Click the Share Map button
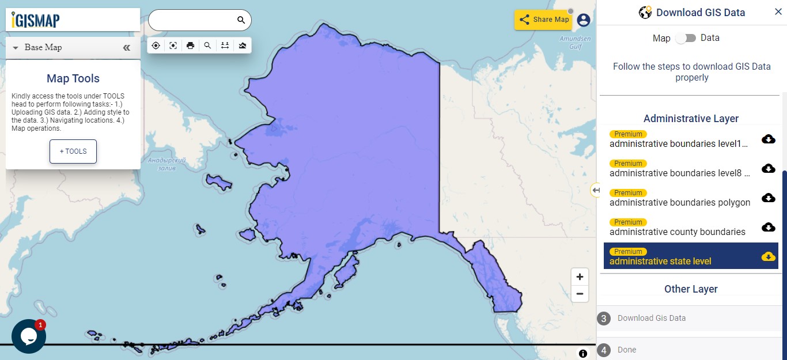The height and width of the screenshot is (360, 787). pyautogui.click(x=543, y=20)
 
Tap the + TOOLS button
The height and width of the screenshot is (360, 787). pyautogui.click(x=73, y=151)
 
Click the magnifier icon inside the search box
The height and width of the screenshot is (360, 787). pyautogui.click(x=241, y=20)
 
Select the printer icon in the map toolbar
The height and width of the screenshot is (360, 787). pyautogui.click(x=191, y=46)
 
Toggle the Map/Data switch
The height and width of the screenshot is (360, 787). pyautogui.click(x=686, y=38)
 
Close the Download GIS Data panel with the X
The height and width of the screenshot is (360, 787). pyautogui.click(x=778, y=12)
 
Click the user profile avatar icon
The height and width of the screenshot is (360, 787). pyautogui.click(x=584, y=20)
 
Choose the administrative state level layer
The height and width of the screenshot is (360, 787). pyautogui.click(x=660, y=261)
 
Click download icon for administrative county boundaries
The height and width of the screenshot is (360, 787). pyautogui.click(x=768, y=227)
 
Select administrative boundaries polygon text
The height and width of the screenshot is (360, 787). pyautogui.click(x=680, y=202)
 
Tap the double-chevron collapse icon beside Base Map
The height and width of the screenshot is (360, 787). pyautogui.click(x=127, y=48)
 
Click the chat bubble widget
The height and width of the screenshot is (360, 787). pyautogui.click(x=28, y=336)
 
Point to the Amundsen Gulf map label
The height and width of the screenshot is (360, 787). pyautogui.click(x=575, y=43)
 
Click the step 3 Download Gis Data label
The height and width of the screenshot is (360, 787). pyautogui.click(x=651, y=318)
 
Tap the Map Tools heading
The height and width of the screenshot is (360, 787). pyautogui.click(x=73, y=79)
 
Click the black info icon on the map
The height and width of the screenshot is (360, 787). pyautogui.click(x=583, y=354)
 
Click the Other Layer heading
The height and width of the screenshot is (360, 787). pyautogui.click(x=691, y=289)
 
